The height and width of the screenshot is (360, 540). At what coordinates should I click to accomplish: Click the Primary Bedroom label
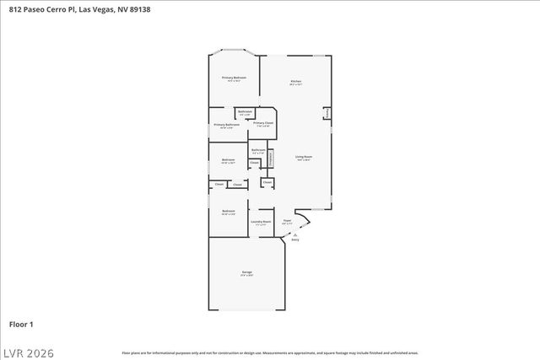(234, 78)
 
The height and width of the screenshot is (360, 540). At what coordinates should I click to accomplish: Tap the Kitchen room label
(295, 83)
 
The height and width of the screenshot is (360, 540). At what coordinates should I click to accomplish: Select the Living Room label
(304, 158)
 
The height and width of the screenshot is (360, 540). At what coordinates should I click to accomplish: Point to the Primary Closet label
(263, 124)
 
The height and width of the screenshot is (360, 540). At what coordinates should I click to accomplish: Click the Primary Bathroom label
(226, 126)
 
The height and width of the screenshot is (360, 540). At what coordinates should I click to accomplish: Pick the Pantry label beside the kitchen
(327, 112)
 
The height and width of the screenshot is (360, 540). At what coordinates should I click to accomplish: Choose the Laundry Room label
(261, 223)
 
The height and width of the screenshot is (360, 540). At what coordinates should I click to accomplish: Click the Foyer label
(287, 222)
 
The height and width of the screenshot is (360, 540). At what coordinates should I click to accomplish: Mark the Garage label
(247, 272)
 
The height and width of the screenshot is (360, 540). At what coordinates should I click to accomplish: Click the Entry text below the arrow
(295, 240)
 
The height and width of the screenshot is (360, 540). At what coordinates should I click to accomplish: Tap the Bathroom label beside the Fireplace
(258, 150)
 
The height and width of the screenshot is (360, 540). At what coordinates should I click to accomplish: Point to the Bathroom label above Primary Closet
(245, 112)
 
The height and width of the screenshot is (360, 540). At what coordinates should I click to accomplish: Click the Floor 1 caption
(21, 323)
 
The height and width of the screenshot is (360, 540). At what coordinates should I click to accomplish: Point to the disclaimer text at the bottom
(270, 352)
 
